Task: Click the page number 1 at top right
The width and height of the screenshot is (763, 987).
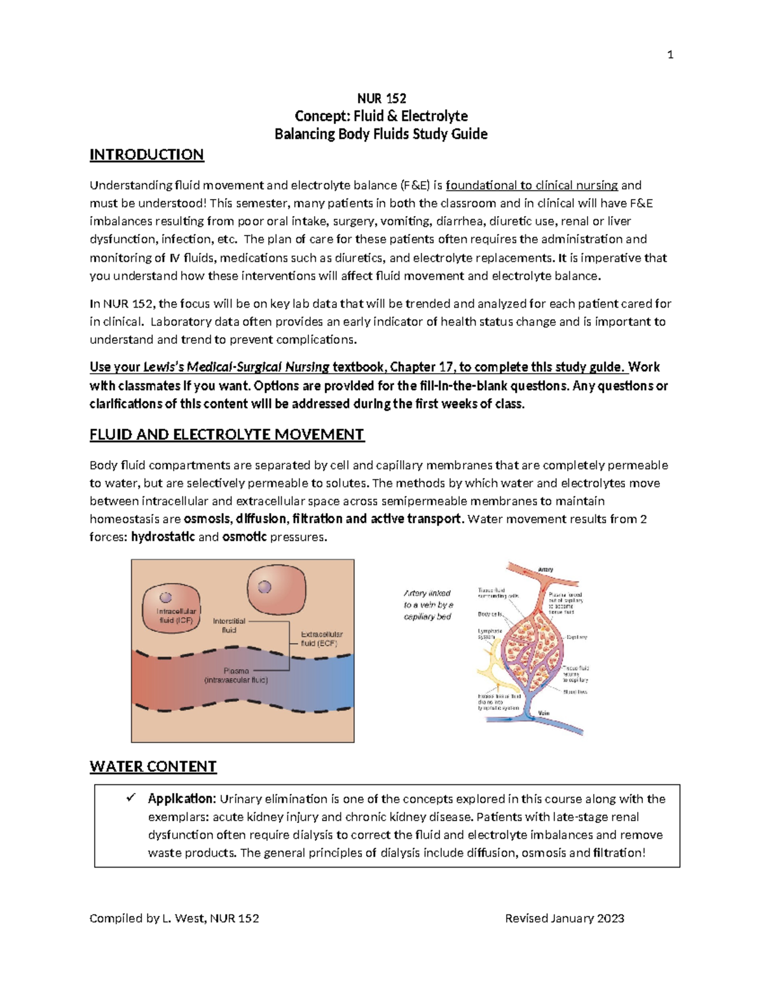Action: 670,55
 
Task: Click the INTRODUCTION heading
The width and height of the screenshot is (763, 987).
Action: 146,155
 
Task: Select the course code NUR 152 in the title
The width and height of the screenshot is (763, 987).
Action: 381,99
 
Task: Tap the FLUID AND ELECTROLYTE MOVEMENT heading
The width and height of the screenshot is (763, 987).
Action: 226,435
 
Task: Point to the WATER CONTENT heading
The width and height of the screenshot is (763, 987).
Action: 153,766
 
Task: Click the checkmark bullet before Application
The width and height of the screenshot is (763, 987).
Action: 132,798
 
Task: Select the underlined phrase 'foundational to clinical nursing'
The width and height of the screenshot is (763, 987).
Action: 532,186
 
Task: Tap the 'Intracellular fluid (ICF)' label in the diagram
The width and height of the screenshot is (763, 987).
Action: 176,616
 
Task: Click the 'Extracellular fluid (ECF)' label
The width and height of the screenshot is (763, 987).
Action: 321,639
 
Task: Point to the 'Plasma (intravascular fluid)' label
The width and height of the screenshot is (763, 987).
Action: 236,676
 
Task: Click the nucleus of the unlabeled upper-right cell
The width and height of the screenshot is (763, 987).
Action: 264,588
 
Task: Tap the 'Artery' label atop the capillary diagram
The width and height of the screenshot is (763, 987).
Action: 546,569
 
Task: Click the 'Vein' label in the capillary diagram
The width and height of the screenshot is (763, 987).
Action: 544,713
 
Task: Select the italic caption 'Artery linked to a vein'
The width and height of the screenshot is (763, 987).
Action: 428,604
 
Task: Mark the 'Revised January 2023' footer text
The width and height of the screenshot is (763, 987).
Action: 564,918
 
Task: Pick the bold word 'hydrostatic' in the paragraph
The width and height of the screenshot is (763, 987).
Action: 163,537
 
